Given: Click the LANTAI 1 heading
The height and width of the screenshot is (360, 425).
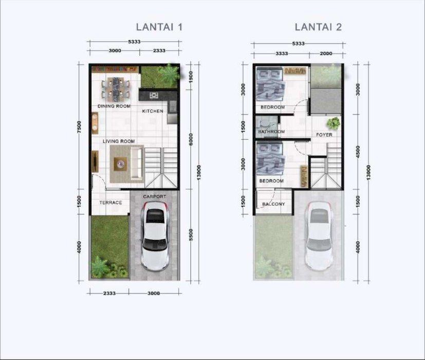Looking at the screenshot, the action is [159, 27].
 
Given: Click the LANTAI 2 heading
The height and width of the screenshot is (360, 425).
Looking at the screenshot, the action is [318, 27].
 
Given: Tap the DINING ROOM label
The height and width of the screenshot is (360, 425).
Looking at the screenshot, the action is [114, 106].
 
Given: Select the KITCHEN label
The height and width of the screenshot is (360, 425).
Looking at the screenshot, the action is [153, 111].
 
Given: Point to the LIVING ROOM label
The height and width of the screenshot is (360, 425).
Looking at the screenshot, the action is [119, 141].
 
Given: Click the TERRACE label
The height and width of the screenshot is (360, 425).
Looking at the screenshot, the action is [110, 203].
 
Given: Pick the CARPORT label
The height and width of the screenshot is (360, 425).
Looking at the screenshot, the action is [155, 196].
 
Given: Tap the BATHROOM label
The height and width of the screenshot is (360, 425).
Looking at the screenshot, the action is [271, 132].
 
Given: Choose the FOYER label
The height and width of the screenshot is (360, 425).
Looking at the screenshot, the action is [324, 135].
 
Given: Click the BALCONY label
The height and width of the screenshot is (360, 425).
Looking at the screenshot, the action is [273, 204].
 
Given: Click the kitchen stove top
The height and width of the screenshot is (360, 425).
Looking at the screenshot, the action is [154, 96].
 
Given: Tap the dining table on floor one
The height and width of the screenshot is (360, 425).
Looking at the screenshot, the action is [116, 87].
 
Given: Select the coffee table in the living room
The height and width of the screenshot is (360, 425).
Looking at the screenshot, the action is [120, 164].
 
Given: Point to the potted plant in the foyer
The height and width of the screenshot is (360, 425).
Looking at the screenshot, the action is [333, 123].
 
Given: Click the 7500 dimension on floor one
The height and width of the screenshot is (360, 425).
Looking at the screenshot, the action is [79, 127].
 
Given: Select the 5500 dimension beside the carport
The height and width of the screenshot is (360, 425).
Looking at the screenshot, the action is [191, 235].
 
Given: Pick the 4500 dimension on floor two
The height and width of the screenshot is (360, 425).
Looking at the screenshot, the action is [358, 152].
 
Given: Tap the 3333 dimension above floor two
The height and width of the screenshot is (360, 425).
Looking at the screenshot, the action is [282, 53].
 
